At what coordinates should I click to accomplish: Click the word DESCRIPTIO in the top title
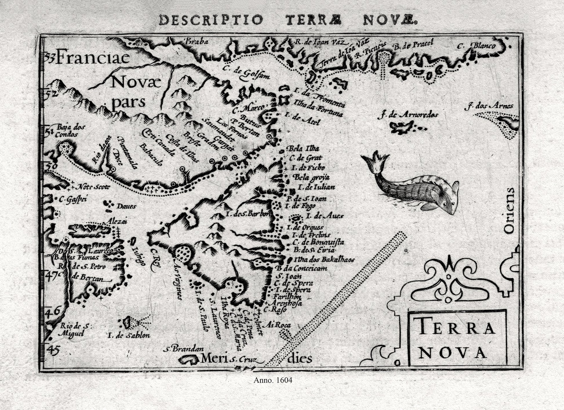(211, 20)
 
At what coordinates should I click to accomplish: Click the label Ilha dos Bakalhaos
(324, 260)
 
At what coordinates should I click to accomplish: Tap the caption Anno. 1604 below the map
(273, 380)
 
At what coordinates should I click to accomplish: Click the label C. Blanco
(476, 46)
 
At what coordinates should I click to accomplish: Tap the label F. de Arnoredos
(408, 115)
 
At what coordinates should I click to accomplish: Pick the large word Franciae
(93, 58)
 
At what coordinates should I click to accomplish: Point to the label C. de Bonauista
(318, 242)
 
